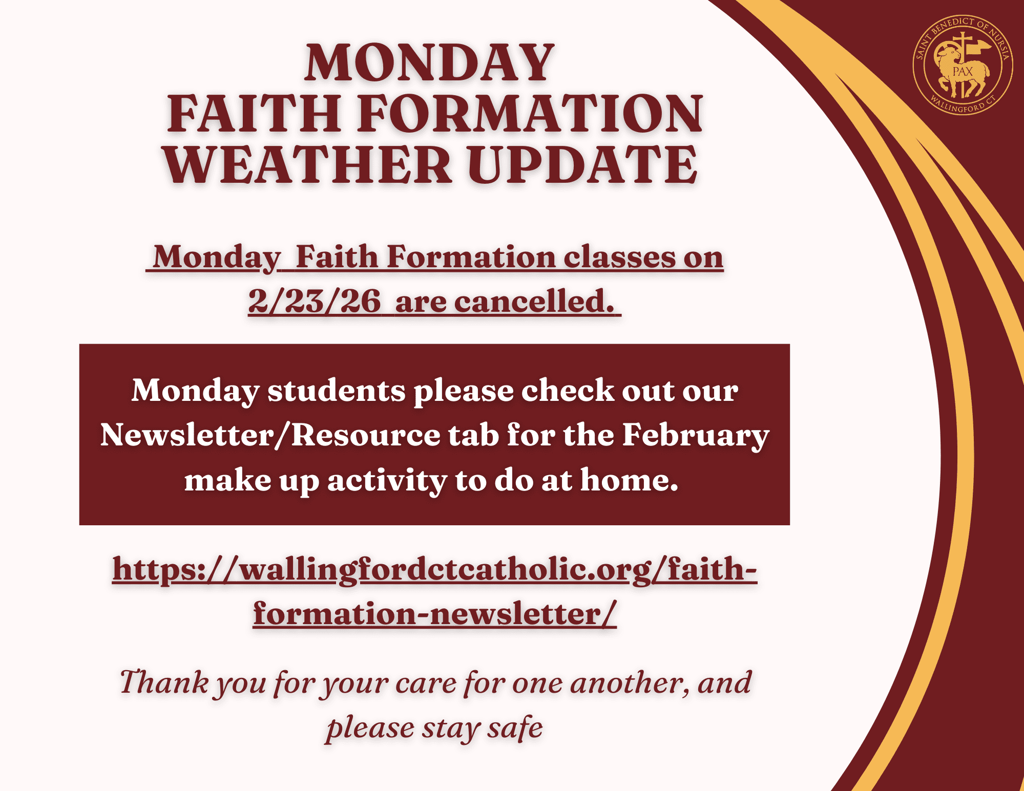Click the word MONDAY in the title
click(x=430, y=62)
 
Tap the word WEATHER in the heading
click(x=308, y=164)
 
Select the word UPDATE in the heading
click(x=582, y=164)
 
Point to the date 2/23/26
click(x=315, y=301)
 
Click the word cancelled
click(x=534, y=301)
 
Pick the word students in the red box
click(x=337, y=391)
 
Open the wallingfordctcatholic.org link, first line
click(x=435, y=570)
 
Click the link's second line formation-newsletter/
click(x=435, y=613)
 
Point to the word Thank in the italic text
click(x=164, y=682)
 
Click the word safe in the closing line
click(x=514, y=727)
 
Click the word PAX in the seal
click(x=963, y=72)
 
